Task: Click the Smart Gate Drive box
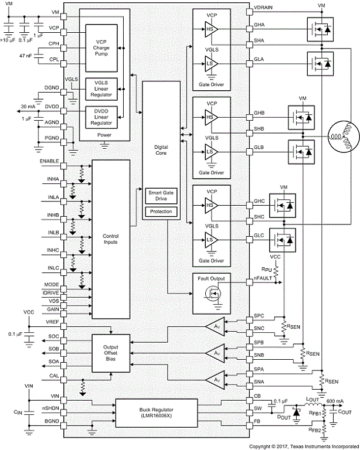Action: point(161,196)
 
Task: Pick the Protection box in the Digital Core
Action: point(161,211)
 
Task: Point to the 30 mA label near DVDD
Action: point(29,106)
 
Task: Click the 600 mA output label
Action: point(334,401)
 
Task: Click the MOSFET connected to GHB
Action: point(301,117)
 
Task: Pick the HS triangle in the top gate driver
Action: point(210,28)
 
